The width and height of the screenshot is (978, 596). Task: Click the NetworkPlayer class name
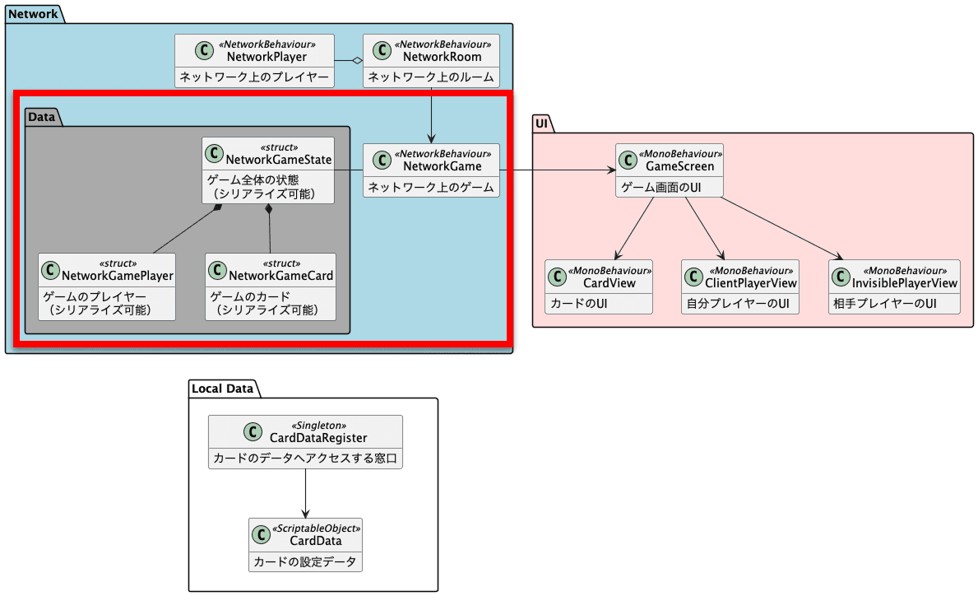(267, 57)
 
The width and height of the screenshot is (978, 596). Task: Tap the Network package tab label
(33, 14)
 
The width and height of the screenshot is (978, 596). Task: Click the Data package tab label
(41, 117)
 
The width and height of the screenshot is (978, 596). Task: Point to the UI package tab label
(541, 123)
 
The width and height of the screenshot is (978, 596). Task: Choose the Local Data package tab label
(223, 388)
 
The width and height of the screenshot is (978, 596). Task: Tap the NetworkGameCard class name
(281, 275)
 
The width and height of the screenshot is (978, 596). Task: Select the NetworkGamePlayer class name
(118, 275)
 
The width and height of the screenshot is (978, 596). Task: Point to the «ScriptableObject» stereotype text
(316, 528)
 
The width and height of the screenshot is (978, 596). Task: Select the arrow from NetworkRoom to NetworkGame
(431, 115)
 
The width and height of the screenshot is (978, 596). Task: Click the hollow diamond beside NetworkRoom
(356, 61)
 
